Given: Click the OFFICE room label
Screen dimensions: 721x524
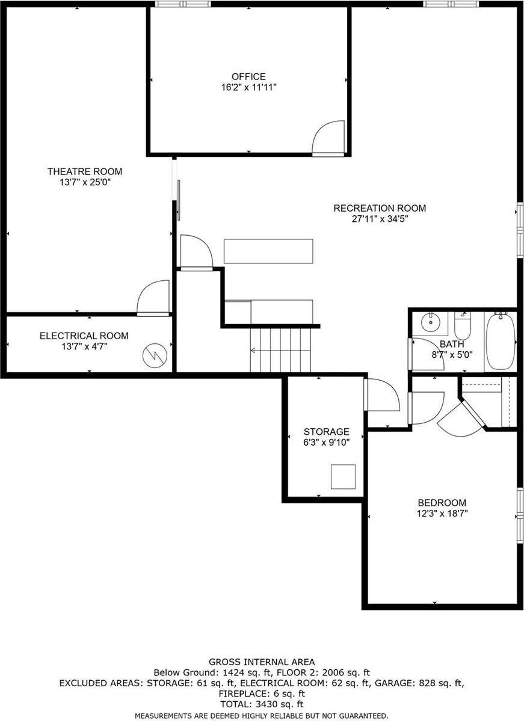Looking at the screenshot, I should click(x=248, y=76).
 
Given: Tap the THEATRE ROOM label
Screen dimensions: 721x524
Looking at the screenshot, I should click(x=85, y=172).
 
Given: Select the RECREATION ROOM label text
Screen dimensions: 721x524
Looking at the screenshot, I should click(x=380, y=209).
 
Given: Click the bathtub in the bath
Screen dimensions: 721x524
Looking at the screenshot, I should click(x=501, y=341).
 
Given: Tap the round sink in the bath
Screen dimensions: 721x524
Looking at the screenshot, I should click(x=431, y=322).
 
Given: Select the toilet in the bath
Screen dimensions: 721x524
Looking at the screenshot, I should click(x=463, y=327).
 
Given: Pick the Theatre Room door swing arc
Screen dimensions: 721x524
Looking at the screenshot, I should click(x=153, y=297).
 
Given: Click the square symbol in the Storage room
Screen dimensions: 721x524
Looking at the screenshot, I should click(x=342, y=476).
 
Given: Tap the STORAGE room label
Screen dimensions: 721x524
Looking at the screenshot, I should click(x=326, y=432).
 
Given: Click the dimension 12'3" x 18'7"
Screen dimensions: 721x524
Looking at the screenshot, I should click(x=442, y=514).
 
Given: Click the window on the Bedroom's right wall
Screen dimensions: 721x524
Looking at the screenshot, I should click(x=520, y=515).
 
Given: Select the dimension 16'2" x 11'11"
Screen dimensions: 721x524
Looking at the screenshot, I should click(x=248, y=87).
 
